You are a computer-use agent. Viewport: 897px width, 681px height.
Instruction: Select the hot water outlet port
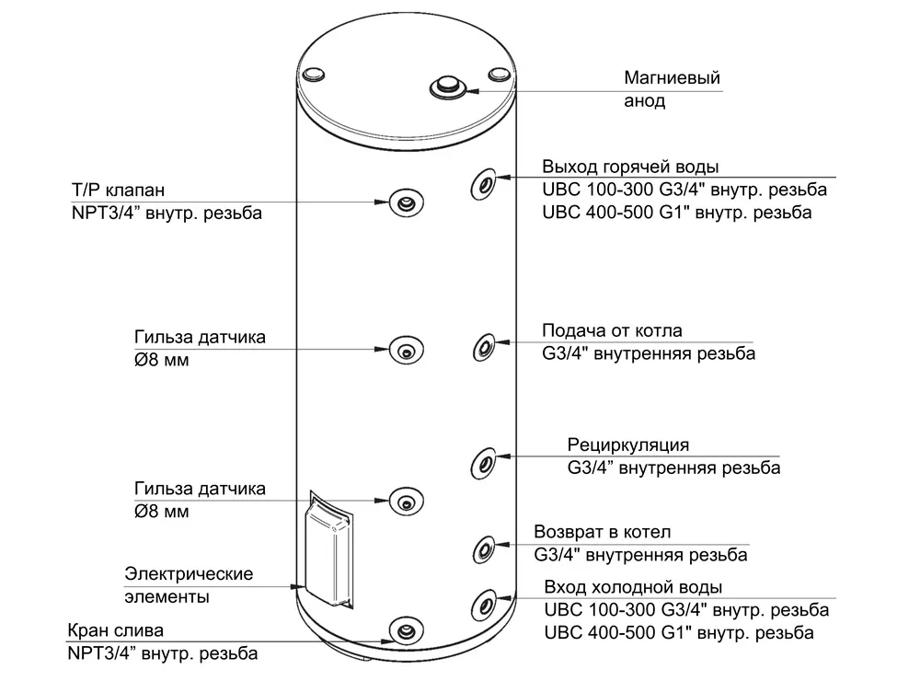tap(484, 183)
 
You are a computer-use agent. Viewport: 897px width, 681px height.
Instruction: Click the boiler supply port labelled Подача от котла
tap(484, 348)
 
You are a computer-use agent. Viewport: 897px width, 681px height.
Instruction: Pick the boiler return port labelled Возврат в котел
tap(484, 549)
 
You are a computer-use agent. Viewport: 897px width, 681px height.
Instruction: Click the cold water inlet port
tap(484, 606)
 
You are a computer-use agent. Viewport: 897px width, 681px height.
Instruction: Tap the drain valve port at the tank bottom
tap(405, 630)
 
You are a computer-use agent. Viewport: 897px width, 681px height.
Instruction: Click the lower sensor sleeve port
tap(405, 501)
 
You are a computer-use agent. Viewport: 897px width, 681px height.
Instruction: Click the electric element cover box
tap(328, 552)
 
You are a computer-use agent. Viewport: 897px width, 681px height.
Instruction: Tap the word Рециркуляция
tap(627, 446)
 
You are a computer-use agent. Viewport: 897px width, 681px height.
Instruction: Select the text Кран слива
tap(115, 632)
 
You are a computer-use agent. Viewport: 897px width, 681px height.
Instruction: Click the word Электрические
tap(189, 574)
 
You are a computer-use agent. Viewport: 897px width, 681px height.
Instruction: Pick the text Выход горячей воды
tap(630, 167)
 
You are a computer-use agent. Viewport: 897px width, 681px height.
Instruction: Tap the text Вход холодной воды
tap(633, 588)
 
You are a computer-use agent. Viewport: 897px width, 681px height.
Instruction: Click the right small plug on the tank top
tap(500, 72)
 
